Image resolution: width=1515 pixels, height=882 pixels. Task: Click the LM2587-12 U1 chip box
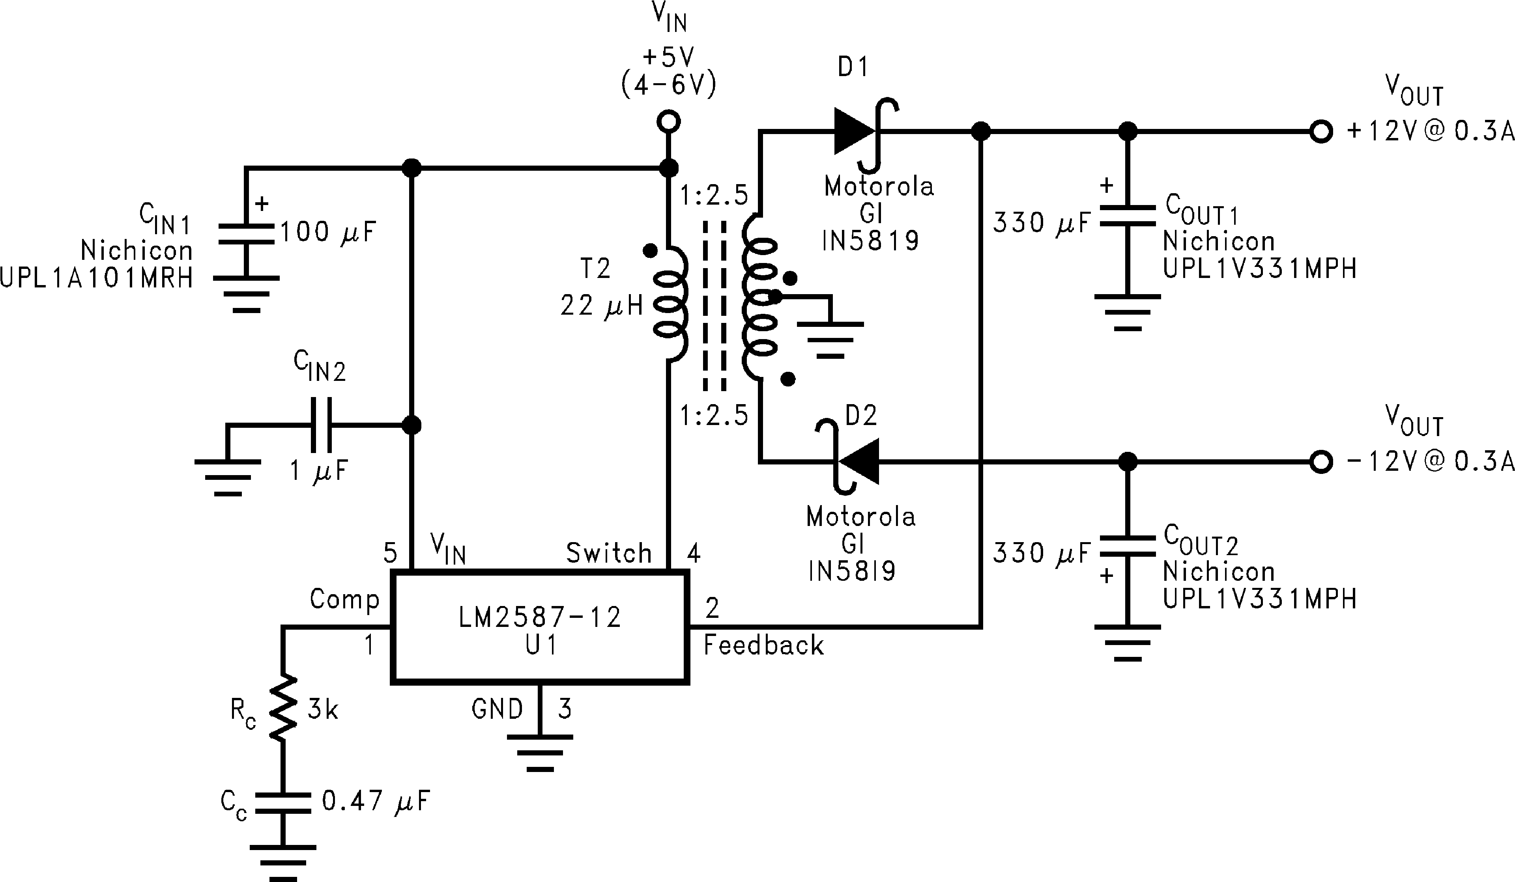539,628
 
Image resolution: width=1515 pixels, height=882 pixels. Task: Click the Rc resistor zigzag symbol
282,709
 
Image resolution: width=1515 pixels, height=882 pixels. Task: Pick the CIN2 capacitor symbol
320,425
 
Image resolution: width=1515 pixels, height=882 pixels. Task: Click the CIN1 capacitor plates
246,234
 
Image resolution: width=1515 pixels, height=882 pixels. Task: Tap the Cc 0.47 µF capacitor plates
282,803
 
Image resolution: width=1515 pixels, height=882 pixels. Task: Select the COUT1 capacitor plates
1127,216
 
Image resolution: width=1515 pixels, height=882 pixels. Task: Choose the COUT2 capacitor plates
1127,546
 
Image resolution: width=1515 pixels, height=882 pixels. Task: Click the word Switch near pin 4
608,553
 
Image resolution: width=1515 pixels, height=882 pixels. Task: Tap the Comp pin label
344,599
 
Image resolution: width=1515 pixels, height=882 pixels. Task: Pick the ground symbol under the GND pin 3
539,752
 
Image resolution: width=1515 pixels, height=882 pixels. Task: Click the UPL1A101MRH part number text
96,278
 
